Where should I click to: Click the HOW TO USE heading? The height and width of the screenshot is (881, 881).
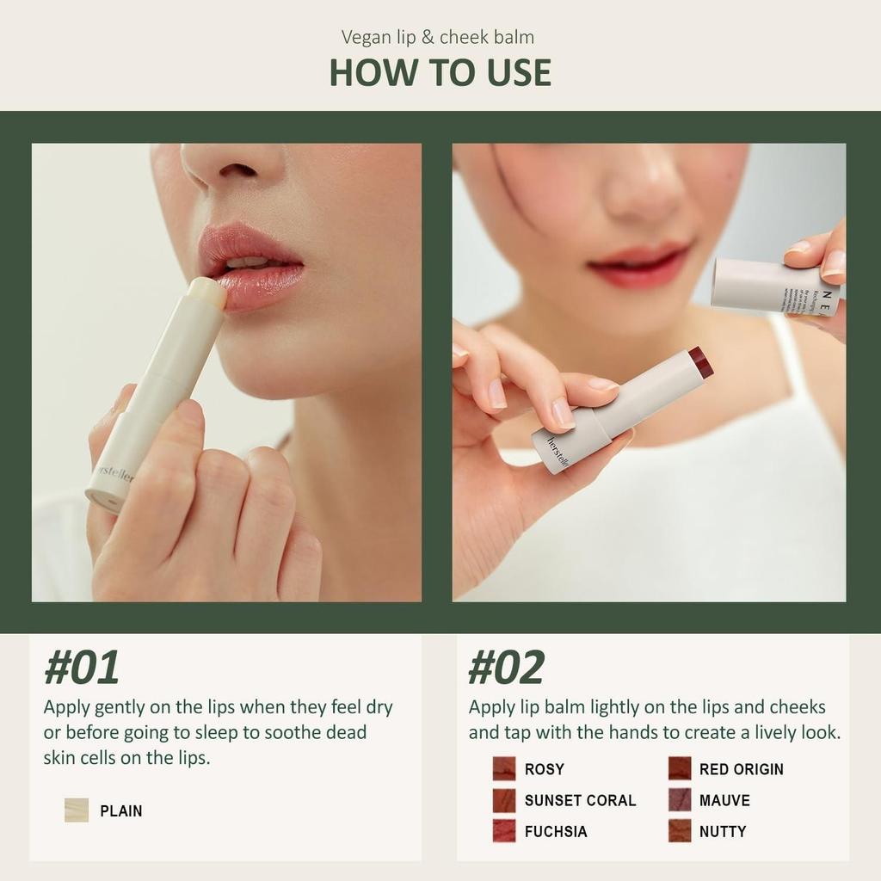pyautogui.click(x=440, y=72)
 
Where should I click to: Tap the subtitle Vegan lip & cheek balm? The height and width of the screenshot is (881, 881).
pyautogui.click(x=437, y=37)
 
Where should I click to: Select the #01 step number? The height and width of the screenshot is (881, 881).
pyautogui.click(x=82, y=668)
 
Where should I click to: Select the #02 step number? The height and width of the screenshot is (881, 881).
pyautogui.click(x=506, y=668)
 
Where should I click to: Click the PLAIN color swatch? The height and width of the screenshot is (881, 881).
pyautogui.click(x=77, y=810)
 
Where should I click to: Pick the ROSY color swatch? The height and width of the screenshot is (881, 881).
pyautogui.click(x=504, y=769)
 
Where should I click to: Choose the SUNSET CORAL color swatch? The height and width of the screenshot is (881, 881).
pyautogui.click(x=504, y=800)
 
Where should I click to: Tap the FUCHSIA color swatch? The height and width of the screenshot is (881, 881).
pyautogui.click(x=504, y=831)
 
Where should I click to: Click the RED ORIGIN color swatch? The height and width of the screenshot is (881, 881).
pyautogui.click(x=680, y=769)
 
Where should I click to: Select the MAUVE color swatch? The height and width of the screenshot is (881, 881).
pyautogui.click(x=680, y=800)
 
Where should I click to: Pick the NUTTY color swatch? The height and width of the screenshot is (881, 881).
pyautogui.click(x=680, y=831)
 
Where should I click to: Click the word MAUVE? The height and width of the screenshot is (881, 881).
pyautogui.click(x=724, y=800)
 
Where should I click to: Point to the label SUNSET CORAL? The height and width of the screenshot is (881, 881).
pyautogui.click(x=580, y=800)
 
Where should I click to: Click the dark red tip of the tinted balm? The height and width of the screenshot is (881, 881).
pyautogui.click(x=701, y=362)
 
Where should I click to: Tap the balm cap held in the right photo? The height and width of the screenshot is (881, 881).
pyautogui.click(x=774, y=286)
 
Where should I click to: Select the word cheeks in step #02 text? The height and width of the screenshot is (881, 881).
pyautogui.click(x=797, y=707)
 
